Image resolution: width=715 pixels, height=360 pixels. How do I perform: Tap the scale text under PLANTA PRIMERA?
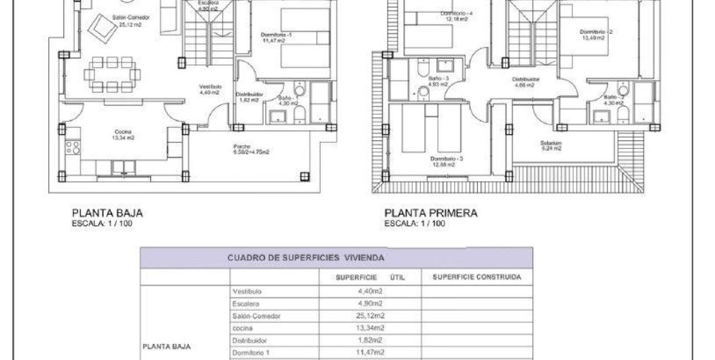(415, 224)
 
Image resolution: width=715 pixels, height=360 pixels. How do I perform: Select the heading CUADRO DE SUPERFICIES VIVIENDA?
(306, 258)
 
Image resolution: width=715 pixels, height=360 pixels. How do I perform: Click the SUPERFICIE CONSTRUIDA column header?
(477, 277)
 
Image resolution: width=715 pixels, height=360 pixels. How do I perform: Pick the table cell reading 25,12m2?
(371, 316)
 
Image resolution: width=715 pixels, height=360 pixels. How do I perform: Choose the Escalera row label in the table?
(246, 304)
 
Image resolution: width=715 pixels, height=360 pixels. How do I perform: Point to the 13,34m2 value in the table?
(371, 328)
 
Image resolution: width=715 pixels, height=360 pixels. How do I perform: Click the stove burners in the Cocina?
(73, 147)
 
